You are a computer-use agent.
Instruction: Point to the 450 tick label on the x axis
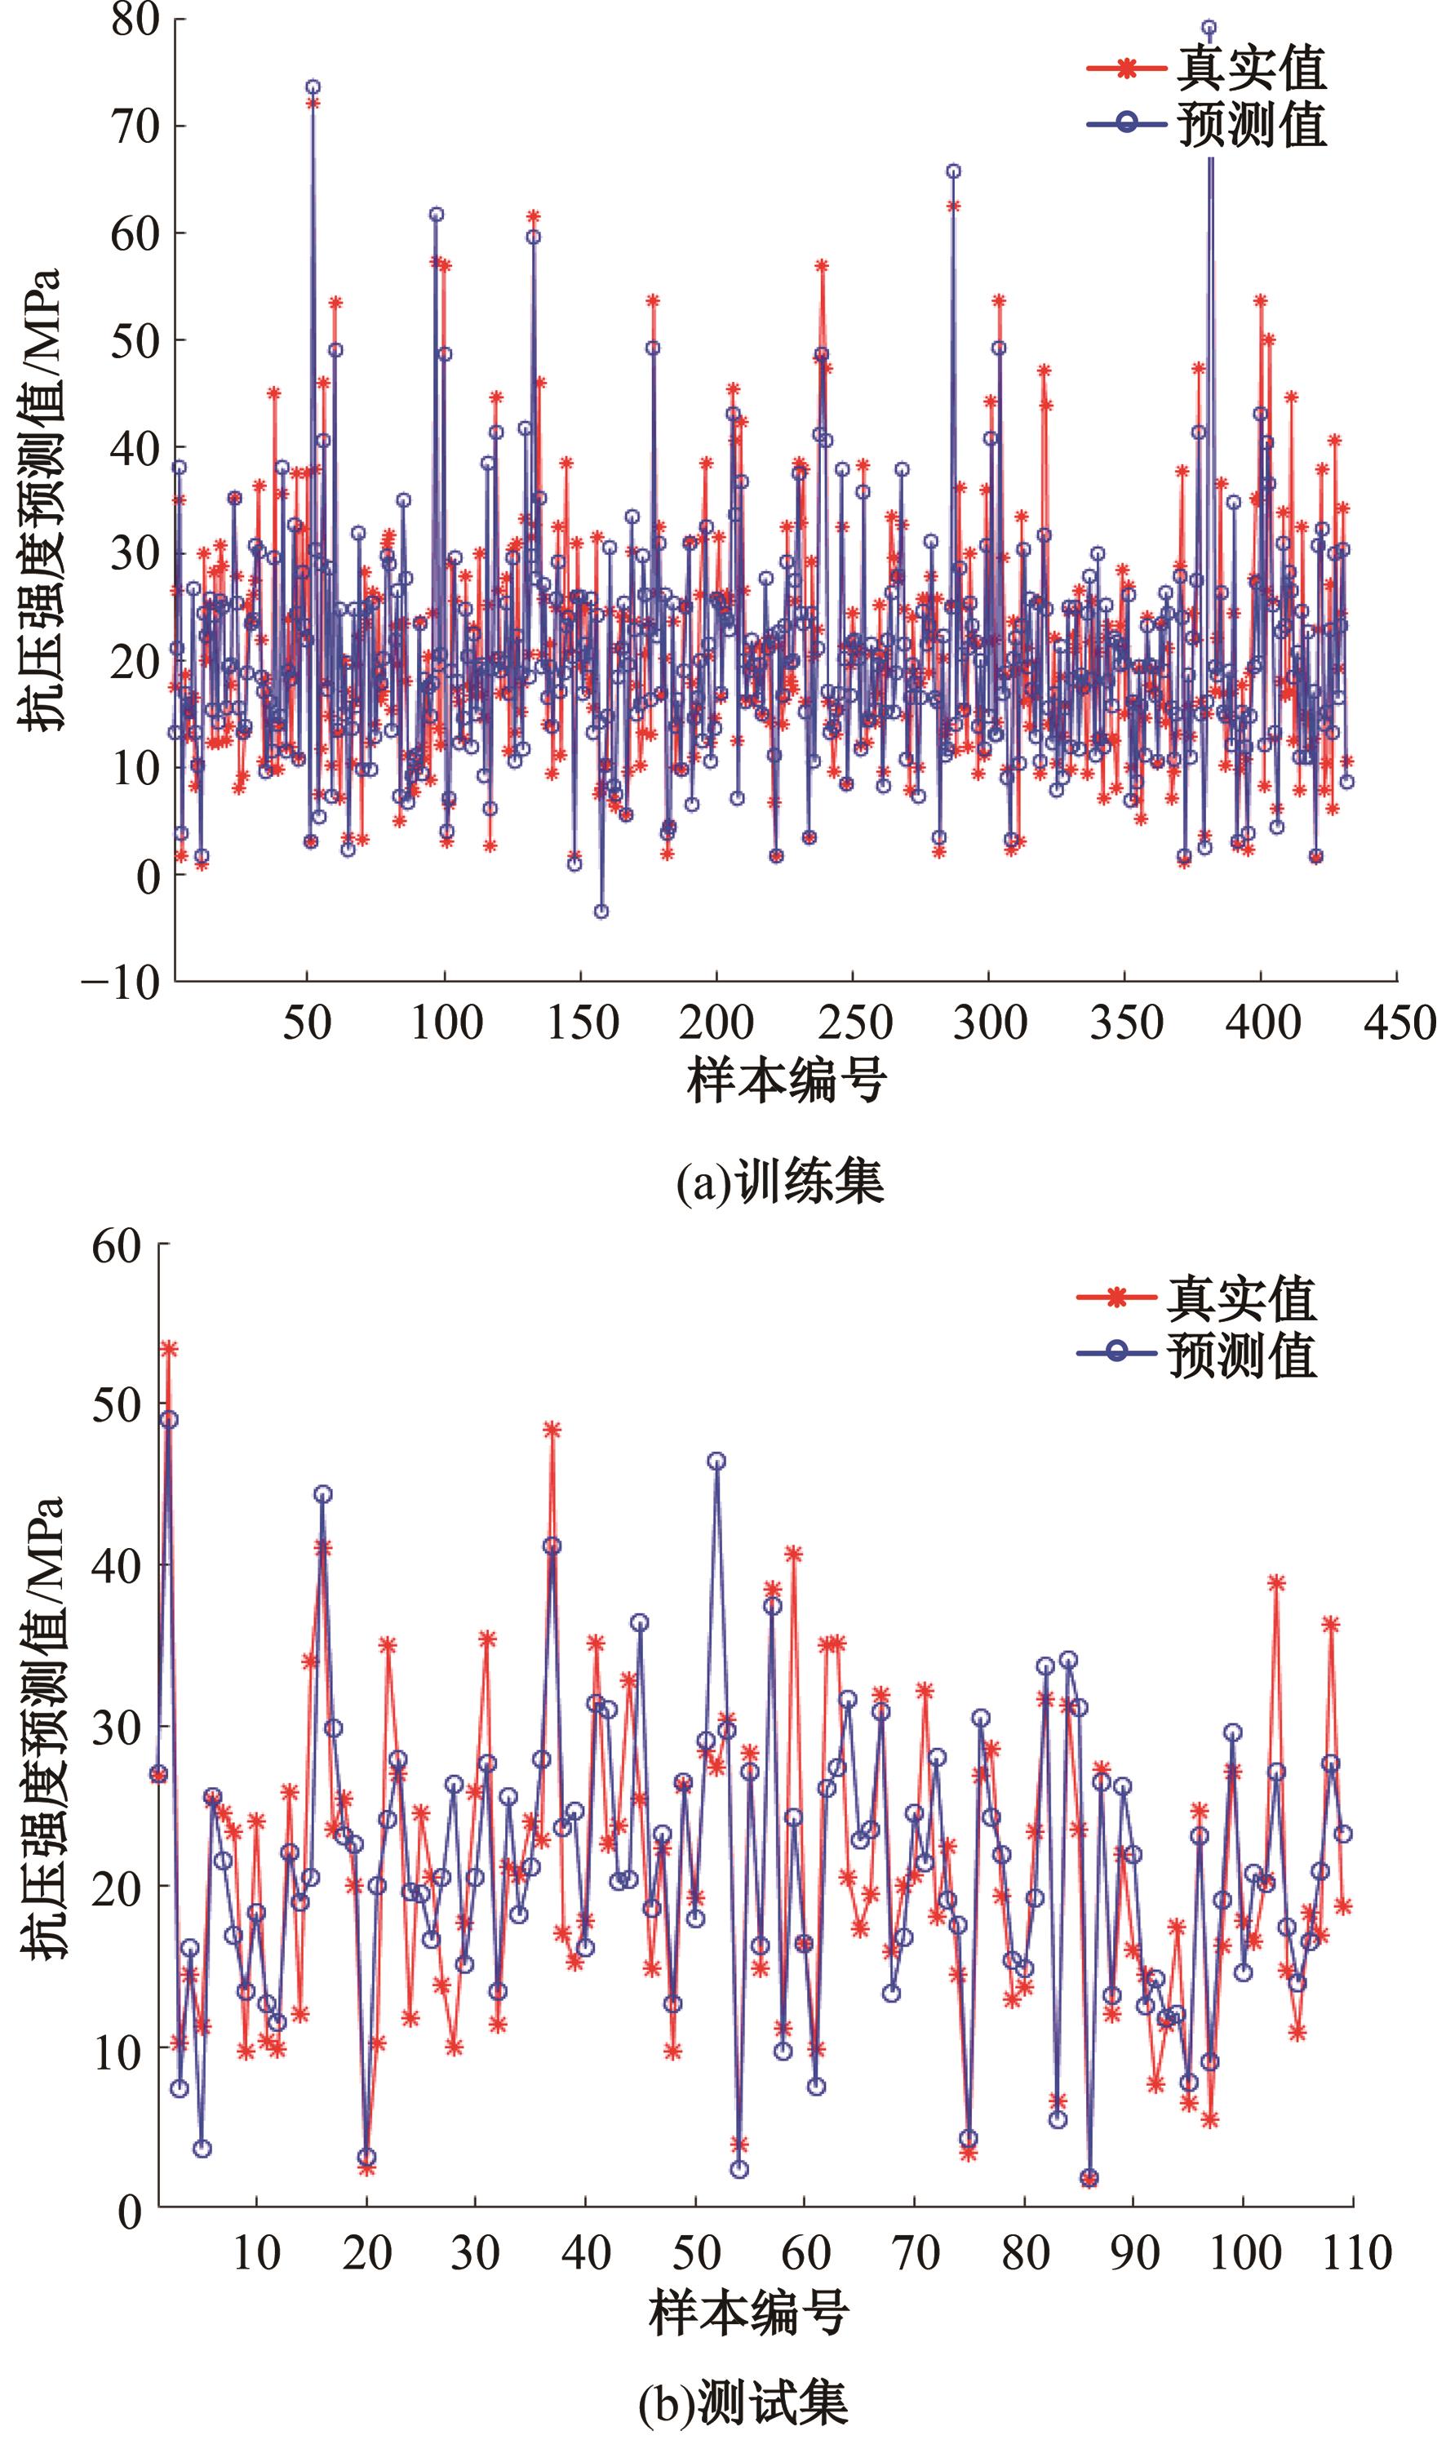(x=1398, y=1024)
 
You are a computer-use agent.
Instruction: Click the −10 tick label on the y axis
(x=122, y=981)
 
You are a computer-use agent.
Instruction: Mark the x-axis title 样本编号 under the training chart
(x=787, y=1081)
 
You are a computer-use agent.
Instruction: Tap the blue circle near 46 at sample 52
(x=717, y=1461)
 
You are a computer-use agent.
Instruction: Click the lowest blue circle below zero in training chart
(x=601, y=911)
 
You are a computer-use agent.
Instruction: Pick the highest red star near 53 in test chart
(x=169, y=1349)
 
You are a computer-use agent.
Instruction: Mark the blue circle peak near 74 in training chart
(x=313, y=87)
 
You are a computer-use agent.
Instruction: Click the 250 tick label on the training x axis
(x=854, y=1024)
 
